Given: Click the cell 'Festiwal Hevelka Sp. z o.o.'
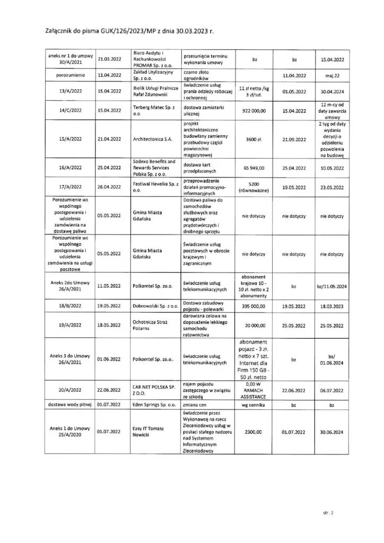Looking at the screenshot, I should (x=153, y=187).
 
